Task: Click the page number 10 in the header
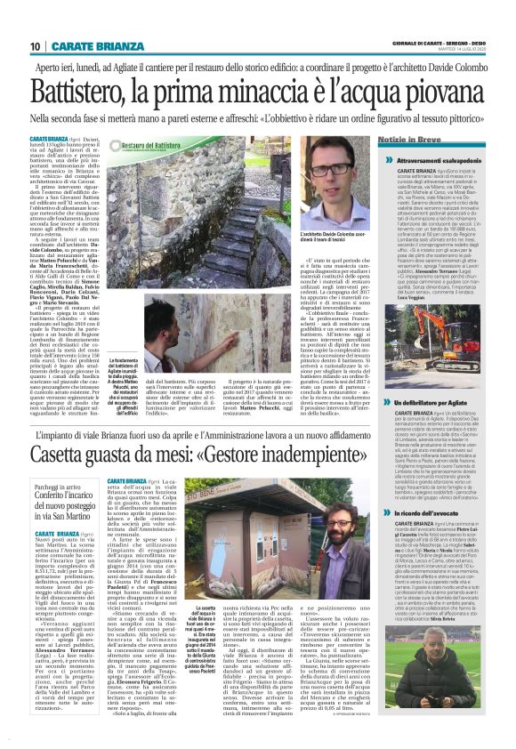[35, 45]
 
